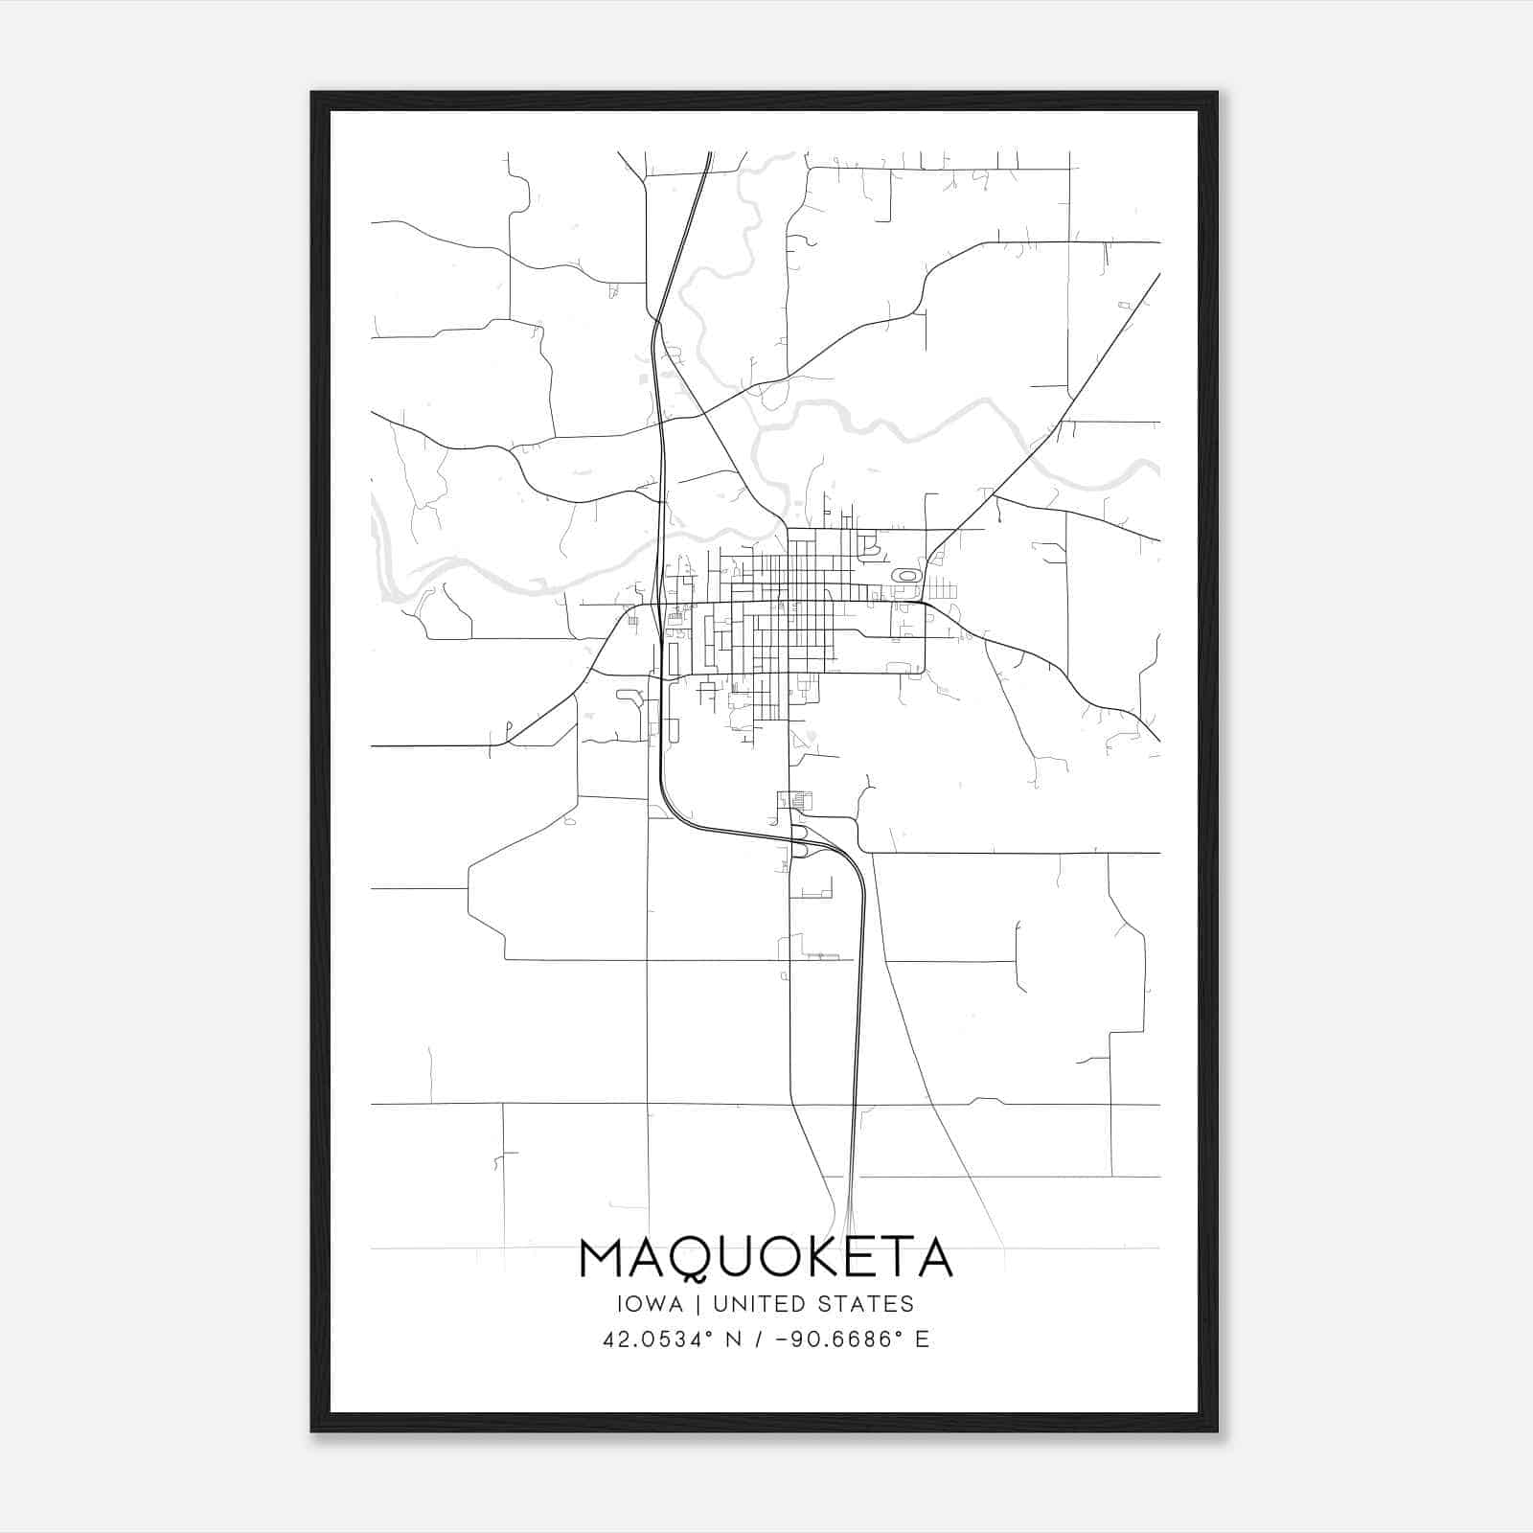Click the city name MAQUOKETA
coord(766,1258)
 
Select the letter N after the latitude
coord(734,1339)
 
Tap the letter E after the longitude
coord(922,1339)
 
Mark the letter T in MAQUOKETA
coord(893,1258)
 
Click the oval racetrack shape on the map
coord(905,576)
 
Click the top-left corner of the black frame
coord(313,94)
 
